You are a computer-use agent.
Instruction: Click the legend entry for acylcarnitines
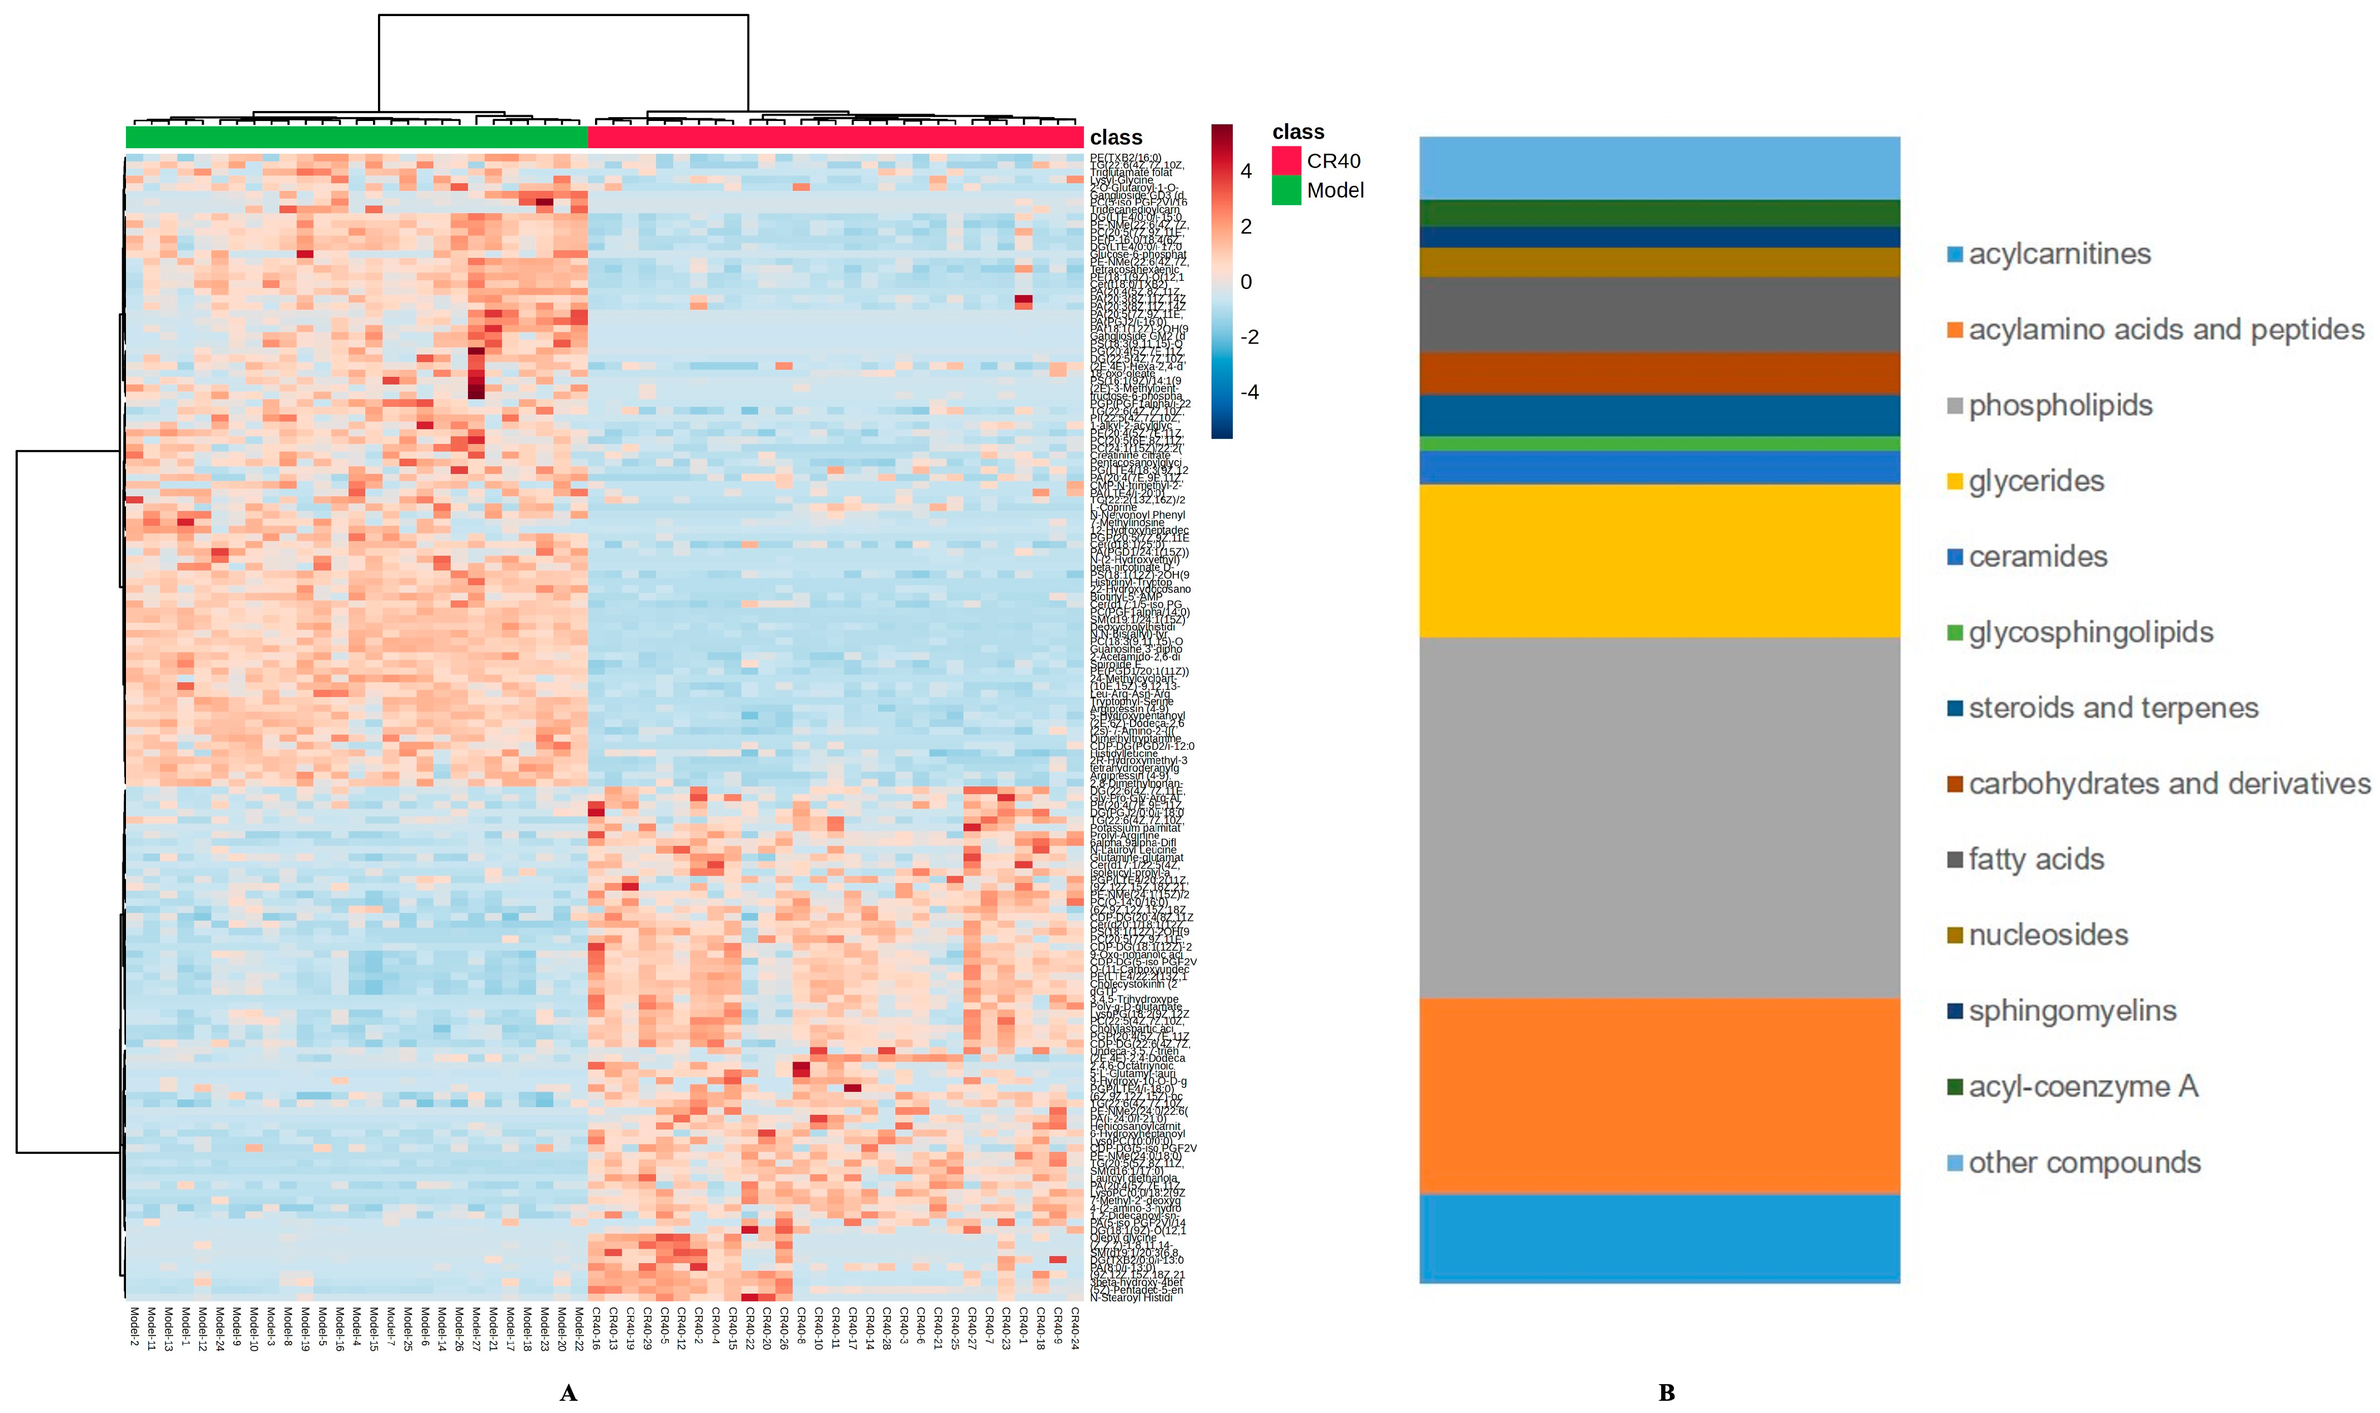click(x=2058, y=254)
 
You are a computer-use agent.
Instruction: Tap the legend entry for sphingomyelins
click(x=2071, y=1010)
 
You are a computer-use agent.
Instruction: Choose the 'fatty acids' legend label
click(x=2035, y=859)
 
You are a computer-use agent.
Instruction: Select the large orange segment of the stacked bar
click(x=1658, y=1095)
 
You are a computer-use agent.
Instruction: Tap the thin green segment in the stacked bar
click(x=1658, y=443)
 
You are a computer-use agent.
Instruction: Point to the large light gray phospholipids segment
click(x=1658, y=817)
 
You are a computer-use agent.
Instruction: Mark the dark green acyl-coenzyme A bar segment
click(x=1658, y=213)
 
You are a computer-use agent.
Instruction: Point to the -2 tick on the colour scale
click(x=1249, y=337)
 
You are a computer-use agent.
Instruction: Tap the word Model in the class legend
click(x=1335, y=190)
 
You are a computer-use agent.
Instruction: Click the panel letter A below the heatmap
click(x=568, y=1393)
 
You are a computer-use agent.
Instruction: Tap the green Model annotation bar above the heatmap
click(x=357, y=137)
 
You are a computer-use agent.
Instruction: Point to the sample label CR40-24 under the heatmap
click(x=1075, y=1328)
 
